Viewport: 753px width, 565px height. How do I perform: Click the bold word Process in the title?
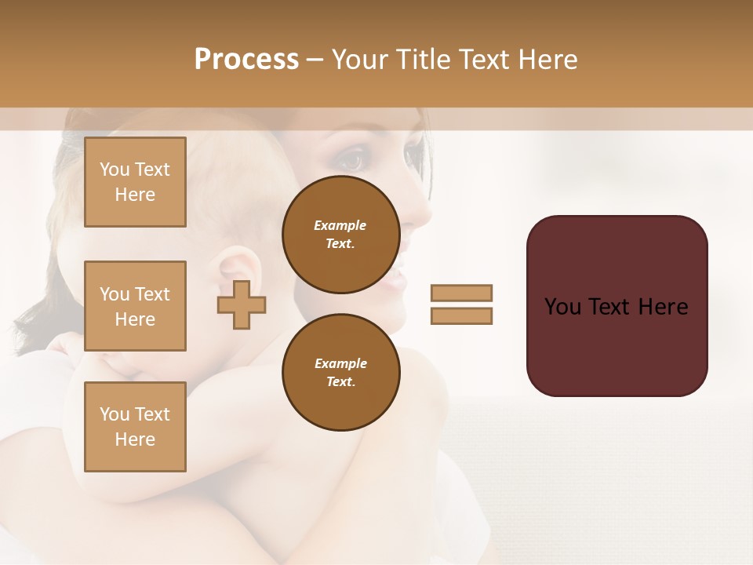point(246,60)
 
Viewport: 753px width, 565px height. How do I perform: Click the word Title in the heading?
point(426,60)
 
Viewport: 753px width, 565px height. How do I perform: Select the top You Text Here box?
point(135,182)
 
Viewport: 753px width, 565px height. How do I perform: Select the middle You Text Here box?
point(135,306)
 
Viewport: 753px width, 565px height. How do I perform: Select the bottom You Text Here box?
point(135,427)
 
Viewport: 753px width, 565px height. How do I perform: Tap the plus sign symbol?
point(242,304)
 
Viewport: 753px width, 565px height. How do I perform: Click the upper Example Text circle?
point(341,235)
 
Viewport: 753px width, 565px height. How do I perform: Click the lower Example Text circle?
point(341,373)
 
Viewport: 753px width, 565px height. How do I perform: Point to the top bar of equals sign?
point(461,293)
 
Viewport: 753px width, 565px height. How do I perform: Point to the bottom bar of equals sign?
point(461,315)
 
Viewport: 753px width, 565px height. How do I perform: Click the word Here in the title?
point(549,60)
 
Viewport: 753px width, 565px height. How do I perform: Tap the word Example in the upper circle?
point(340,225)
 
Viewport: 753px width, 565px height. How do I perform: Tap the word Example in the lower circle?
point(340,363)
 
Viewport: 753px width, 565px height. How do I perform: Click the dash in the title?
point(315,60)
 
